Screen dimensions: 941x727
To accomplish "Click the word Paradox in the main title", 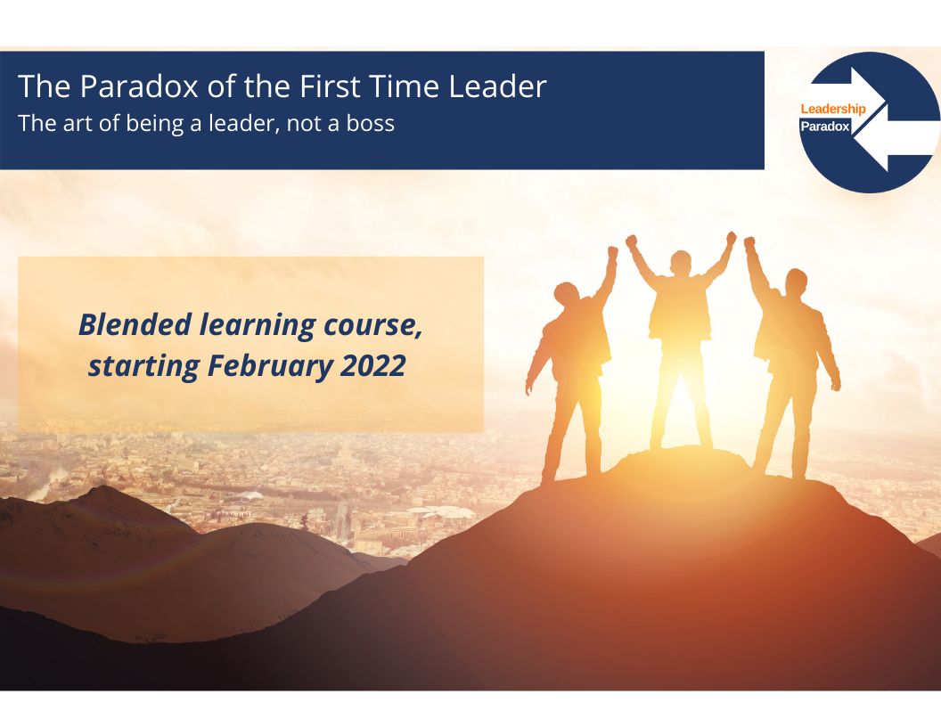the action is tap(139, 86).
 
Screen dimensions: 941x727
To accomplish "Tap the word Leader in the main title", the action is tap(497, 86).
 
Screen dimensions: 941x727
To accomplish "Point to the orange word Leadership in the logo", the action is tap(833, 109).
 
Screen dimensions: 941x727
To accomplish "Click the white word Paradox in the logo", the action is tap(825, 127).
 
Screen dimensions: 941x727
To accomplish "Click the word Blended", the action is tap(135, 324).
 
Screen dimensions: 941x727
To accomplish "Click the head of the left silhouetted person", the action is tap(567, 295).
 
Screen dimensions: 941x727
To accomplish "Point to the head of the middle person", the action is tap(681, 263).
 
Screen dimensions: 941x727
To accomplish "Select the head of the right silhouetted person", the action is tap(796, 282).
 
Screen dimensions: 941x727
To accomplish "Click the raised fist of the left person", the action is tap(612, 252).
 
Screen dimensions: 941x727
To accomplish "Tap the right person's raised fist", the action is tap(749, 242).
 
